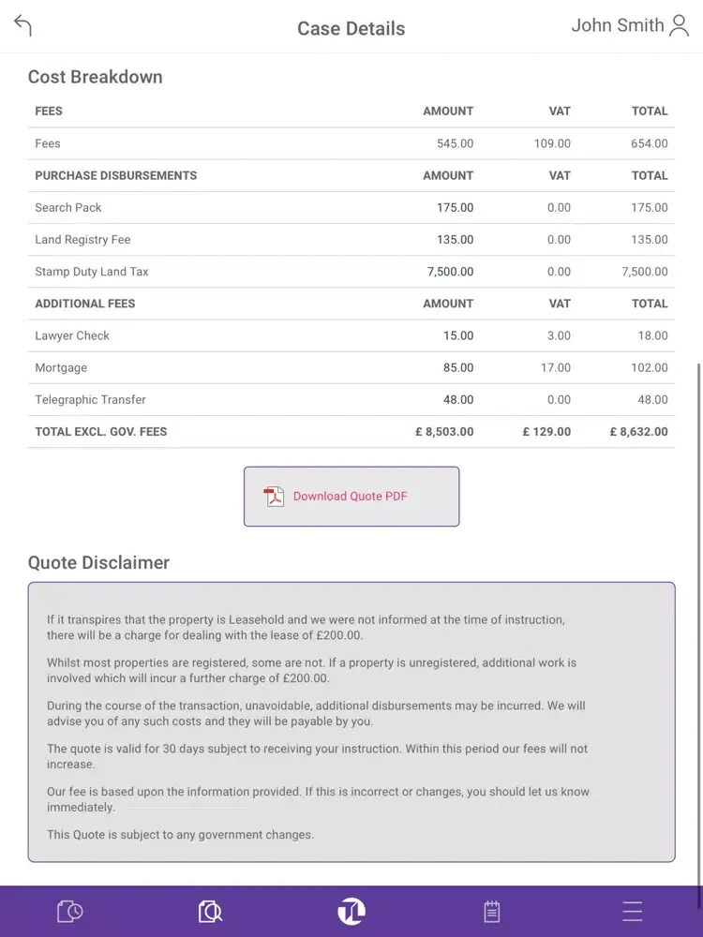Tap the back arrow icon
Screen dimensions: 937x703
(x=23, y=26)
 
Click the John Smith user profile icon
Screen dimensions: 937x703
(x=680, y=26)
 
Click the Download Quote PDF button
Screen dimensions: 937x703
(x=351, y=497)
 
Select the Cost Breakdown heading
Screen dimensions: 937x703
(x=96, y=77)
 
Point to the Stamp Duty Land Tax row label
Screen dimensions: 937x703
(x=92, y=272)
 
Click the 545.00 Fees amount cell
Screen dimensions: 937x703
(x=455, y=143)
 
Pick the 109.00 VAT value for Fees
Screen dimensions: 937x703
(x=552, y=143)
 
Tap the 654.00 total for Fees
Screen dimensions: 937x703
(x=649, y=143)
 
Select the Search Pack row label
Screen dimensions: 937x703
(x=68, y=207)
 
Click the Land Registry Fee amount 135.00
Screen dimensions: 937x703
(x=455, y=240)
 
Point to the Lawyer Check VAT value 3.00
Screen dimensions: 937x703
(x=559, y=335)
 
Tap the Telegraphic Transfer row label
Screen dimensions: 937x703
(x=91, y=400)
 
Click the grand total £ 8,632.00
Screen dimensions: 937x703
(x=638, y=432)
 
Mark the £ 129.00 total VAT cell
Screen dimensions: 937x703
(x=546, y=432)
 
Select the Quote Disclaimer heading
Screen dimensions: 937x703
(x=99, y=562)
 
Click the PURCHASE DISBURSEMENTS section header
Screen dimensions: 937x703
(x=116, y=175)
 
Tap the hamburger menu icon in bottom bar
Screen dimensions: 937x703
(x=633, y=911)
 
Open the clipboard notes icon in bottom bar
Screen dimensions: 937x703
(x=491, y=911)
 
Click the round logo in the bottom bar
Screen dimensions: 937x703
(x=351, y=911)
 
